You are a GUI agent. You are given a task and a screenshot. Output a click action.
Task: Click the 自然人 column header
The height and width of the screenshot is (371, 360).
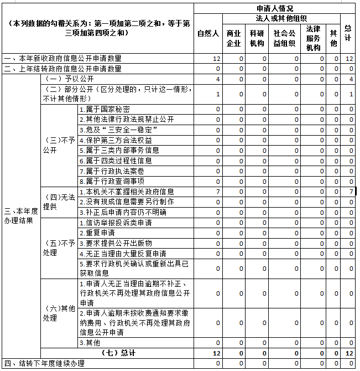coord(208,33)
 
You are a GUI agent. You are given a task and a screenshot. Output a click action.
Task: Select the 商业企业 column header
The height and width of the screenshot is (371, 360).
coord(234,38)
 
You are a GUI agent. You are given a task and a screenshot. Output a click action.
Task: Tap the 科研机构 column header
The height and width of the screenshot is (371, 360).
coord(257,38)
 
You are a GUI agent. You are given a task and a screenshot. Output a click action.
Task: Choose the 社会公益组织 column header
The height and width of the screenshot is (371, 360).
coord(284,38)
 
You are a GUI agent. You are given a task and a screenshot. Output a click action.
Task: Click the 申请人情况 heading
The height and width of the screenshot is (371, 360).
coord(275,8)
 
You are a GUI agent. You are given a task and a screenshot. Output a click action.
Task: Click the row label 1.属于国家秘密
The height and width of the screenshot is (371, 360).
coord(105,109)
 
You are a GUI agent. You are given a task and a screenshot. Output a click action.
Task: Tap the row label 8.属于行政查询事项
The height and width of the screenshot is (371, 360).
coord(112,181)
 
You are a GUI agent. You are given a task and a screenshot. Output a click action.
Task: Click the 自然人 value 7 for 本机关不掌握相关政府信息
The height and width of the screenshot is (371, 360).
coord(218,192)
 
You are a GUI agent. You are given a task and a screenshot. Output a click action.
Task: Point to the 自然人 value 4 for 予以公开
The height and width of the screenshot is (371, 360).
coord(218,79)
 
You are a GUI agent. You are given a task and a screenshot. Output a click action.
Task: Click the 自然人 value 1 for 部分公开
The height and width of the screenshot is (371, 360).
coord(218,94)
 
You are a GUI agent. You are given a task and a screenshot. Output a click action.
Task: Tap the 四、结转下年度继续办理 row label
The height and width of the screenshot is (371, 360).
coord(44,363)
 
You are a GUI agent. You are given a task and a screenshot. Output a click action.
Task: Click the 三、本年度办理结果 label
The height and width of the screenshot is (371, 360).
coord(22,217)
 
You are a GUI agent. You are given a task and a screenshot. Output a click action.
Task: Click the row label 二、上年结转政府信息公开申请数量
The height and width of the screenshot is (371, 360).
coord(62,69)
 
